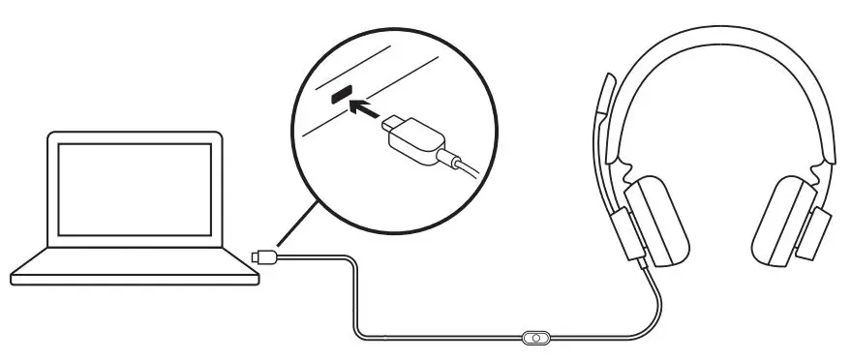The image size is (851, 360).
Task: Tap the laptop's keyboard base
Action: [136, 265]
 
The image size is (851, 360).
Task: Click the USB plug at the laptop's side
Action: [263, 256]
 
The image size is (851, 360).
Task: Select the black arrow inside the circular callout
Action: [363, 106]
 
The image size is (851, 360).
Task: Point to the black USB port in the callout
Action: [339, 94]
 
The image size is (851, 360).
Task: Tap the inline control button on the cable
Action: [534, 338]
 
